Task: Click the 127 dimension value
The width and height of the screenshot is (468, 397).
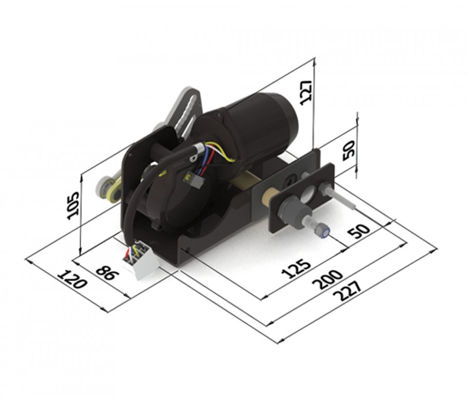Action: coord(306,92)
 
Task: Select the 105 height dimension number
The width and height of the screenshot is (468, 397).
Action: coord(73,206)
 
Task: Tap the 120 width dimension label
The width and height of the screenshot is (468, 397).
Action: coord(72,279)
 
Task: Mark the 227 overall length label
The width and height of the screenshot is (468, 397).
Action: coord(347,291)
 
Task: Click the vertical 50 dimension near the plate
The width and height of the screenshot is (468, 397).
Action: coord(349,150)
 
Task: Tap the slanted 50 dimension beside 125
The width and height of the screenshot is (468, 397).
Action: coord(359,230)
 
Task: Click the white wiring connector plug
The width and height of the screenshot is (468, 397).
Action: coord(141,260)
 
